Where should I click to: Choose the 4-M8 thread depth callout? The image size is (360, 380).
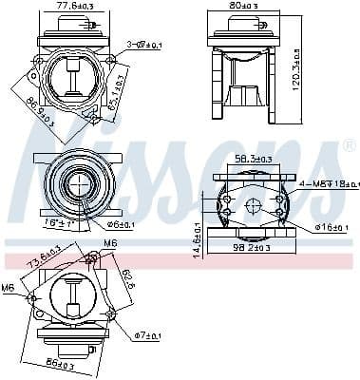pyautogui.click(x=323, y=183)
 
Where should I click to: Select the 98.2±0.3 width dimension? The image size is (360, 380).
pyautogui.click(x=252, y=247)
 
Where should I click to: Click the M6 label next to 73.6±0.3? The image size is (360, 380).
pyautogui.click(x=110, y=244)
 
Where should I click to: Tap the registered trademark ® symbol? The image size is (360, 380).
pyautogui.click(x=348, y=144)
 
